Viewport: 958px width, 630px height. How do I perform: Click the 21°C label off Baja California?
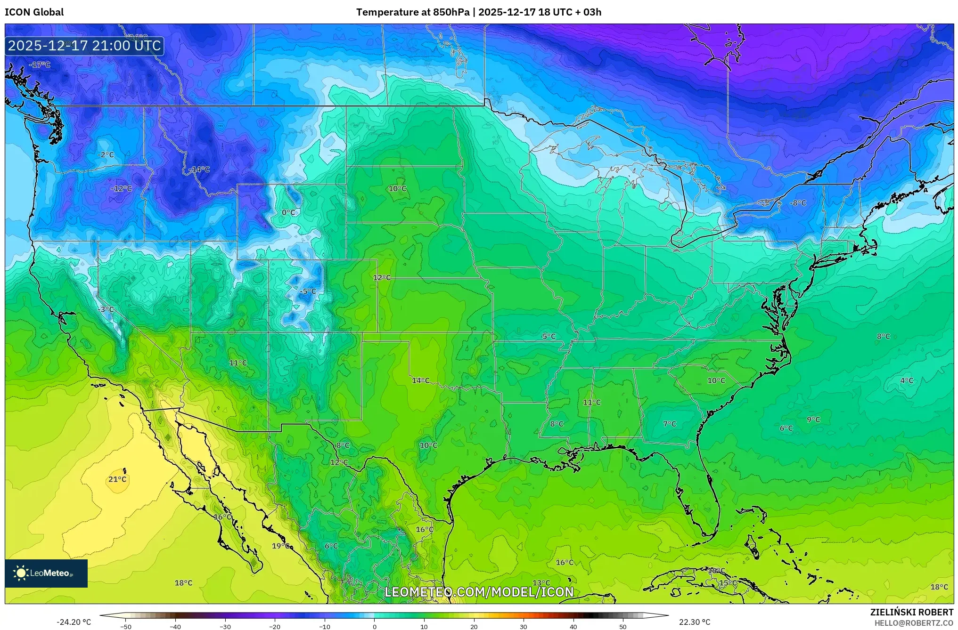(x=117, y=479)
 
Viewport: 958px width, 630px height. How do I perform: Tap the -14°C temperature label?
(x=199, y=170)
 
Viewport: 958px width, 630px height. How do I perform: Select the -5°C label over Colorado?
(x=308, y=291)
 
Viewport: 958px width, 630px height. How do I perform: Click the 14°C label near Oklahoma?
(x=420, y=380)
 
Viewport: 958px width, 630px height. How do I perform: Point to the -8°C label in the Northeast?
(x=798, y=203)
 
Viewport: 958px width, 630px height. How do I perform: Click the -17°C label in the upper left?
(x=40, y=65)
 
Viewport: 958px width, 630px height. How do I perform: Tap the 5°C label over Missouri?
(x=549, y=336)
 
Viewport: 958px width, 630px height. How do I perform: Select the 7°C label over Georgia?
(x=669, y=424)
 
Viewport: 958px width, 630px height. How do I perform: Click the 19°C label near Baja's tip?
(x=281, y=546)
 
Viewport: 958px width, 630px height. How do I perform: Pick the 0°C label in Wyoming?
(x=288, y=212)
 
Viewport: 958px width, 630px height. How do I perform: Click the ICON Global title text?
(x=34, y=12)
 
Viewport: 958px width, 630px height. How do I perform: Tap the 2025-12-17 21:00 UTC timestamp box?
(x=84, y=46)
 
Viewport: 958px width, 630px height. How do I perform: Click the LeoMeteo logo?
(x=46, y=573)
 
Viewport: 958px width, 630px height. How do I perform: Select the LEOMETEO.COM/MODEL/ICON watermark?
(x=479, y=592)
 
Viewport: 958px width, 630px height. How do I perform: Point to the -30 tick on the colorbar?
(x=225, y=626)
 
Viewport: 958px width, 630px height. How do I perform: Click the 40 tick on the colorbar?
(x=573, y=626)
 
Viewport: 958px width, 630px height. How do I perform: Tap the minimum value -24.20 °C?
(x=74, y=622)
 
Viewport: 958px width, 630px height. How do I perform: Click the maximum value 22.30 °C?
(x=694, y=622)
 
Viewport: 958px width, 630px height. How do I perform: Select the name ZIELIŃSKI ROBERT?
(x=911, y=612)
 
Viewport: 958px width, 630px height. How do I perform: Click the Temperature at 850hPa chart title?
(x=478, y=12)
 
